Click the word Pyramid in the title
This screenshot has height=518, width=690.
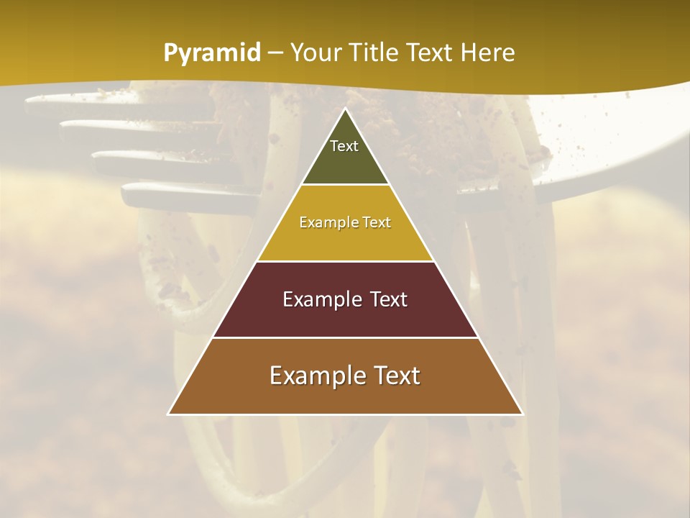click(212, 53)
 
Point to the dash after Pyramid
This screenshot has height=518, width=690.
click(275, 53)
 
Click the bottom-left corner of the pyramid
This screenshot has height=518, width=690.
click(169, 414)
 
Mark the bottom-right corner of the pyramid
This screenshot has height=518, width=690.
click(523, 414)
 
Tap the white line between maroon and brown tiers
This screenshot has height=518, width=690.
click(345, 337)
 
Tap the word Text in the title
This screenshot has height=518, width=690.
click(433, 53)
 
